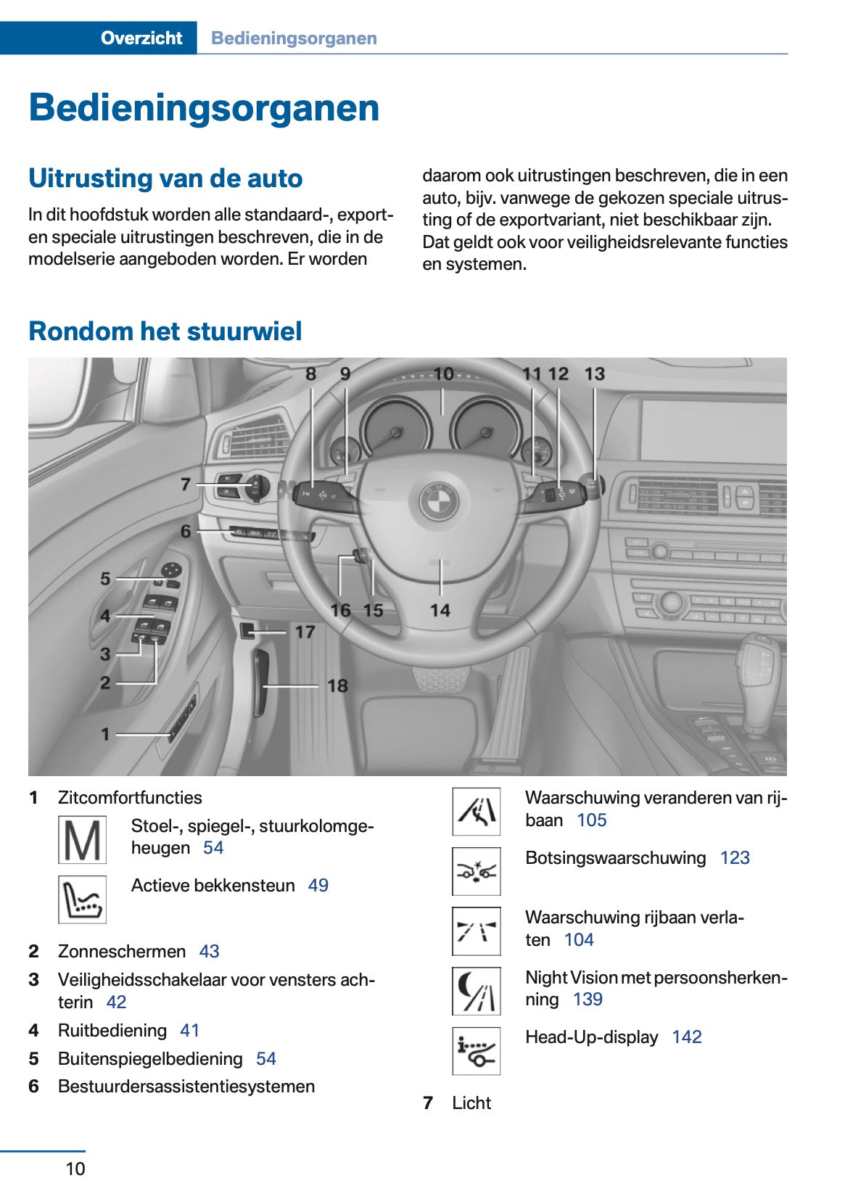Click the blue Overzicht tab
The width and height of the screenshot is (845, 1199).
click(x=141, y=38)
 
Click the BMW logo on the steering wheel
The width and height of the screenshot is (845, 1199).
click(x=440, y=500)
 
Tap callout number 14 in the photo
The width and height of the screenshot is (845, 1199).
click(x=440, y=611)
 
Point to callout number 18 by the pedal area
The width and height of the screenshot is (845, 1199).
click(x=337, y=685)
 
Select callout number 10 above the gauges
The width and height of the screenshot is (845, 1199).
click(x=442, y=374)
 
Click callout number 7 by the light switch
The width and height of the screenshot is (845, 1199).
click(x=186, y=484)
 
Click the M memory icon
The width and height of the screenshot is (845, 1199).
click(x=82, y=840)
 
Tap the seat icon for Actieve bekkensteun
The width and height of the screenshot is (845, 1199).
click(x=82, y=899)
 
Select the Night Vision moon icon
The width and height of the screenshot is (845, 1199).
click(x=476, y=991)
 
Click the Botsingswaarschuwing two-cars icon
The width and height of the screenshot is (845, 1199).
click(x=476, y=871)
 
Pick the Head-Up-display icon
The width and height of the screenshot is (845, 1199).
click(x=476, y=1051)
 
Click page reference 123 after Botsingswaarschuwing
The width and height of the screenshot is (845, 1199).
click(x=734, y=858)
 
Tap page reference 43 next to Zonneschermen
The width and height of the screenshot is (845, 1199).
click(x=209, y=952)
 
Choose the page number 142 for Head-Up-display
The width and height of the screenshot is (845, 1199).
click(x=686, y=1037)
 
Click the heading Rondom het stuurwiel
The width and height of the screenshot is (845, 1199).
click(x=165, y=331)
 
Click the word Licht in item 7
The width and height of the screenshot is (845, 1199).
click(x=471, y=1103)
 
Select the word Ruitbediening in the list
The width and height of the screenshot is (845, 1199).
click(x=112, y=1031)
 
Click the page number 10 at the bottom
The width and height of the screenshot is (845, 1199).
click(x=75, y=1169)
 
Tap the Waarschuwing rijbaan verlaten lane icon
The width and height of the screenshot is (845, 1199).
click(x=476, y=931)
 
